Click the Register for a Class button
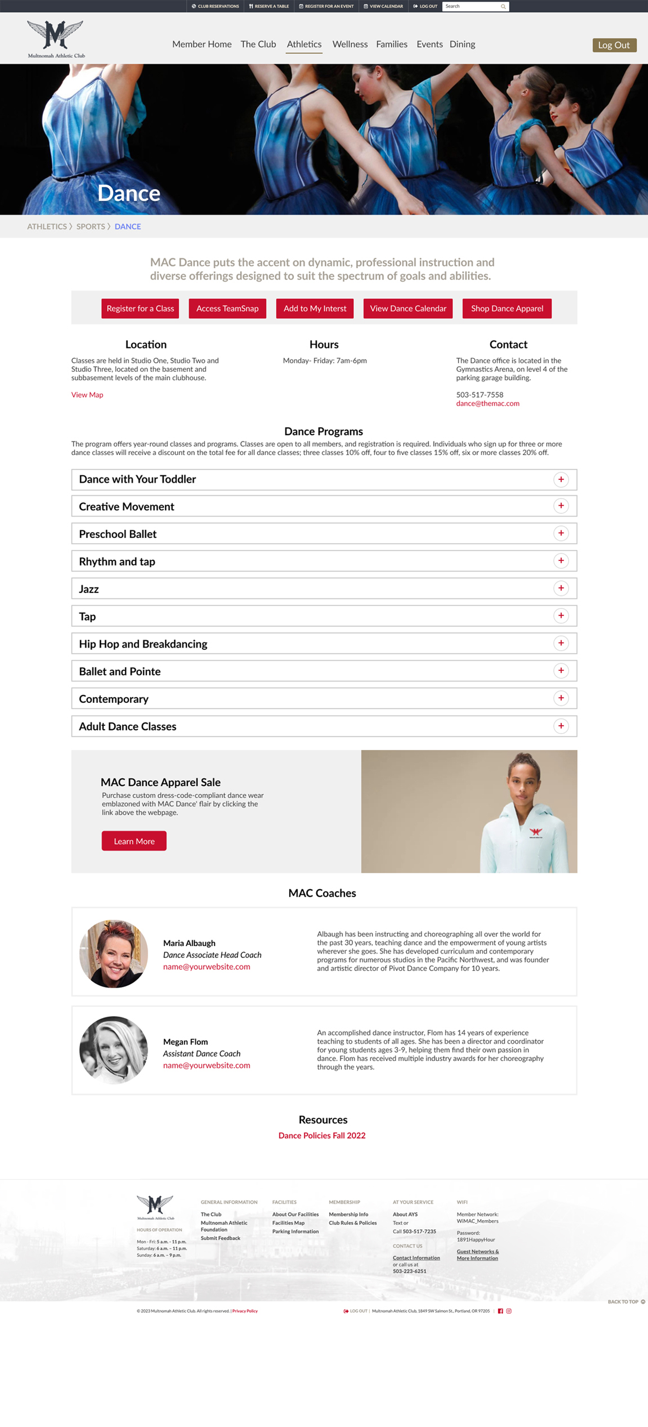click(x=140, y=309)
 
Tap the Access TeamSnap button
click(x=227, y=309)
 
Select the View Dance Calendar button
click(x=408, y=309)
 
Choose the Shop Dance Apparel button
click(x=507, y=309)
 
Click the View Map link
click(x=87, y=395)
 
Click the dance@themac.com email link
click(x=487, y=404)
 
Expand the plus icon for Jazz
click(x=561, y=588)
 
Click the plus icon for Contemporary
click(x=561, y=698)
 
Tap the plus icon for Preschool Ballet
click(x=561, y=533)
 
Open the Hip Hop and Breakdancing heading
click(x=143, y=644)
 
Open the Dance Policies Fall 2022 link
click(x=322, y=1135)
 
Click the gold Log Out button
click(x=614, y=45)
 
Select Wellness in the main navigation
click(x=349, y=44)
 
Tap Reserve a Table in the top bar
click(x=269, y=7)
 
